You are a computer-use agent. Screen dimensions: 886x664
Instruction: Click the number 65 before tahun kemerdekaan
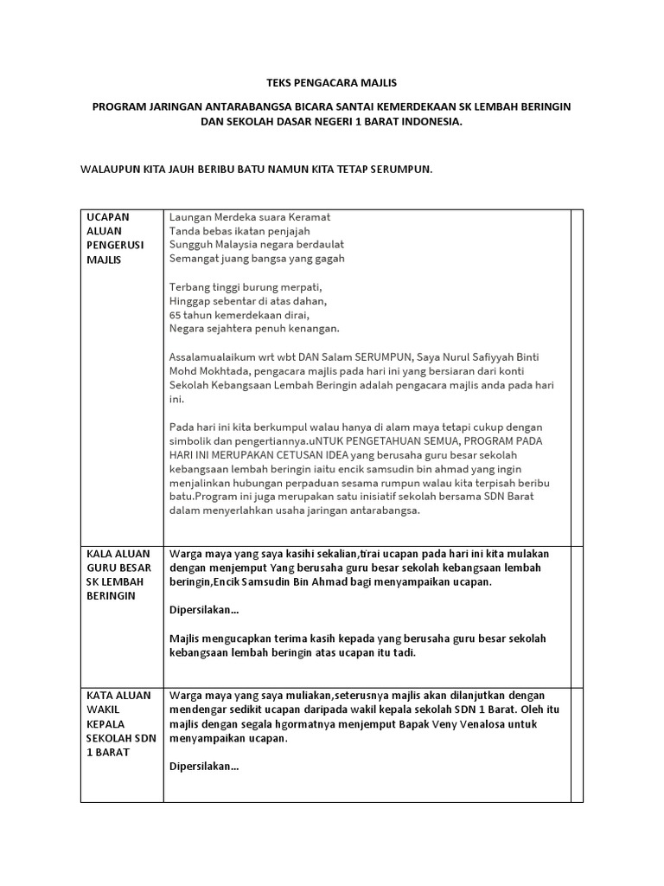click(176, 314)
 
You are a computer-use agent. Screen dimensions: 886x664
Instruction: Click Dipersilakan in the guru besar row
click(204, 610)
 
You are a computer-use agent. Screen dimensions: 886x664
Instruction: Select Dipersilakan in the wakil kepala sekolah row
click(204, 767)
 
